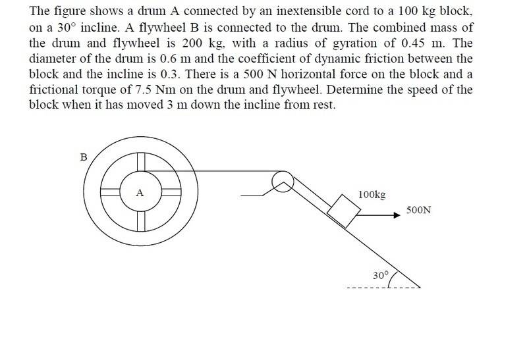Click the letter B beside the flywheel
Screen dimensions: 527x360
(84, 157)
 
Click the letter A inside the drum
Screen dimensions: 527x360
(140, 193)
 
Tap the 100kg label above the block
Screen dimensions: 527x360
(372, 195)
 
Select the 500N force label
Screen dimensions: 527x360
(418, 210)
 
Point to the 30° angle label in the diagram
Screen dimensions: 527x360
(381, 275)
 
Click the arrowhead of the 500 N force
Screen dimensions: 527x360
(397, 215)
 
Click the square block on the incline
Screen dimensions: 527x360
(344, 211)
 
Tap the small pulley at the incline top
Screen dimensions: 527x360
(283, 182)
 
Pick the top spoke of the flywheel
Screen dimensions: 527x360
(141, 162)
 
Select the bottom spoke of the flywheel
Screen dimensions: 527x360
(141, 222)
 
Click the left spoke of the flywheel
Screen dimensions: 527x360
(111, 192)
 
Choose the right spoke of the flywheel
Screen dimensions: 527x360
(171, 192)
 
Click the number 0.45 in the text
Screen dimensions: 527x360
(413, 43)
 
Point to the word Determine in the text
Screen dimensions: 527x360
(354, 90)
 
